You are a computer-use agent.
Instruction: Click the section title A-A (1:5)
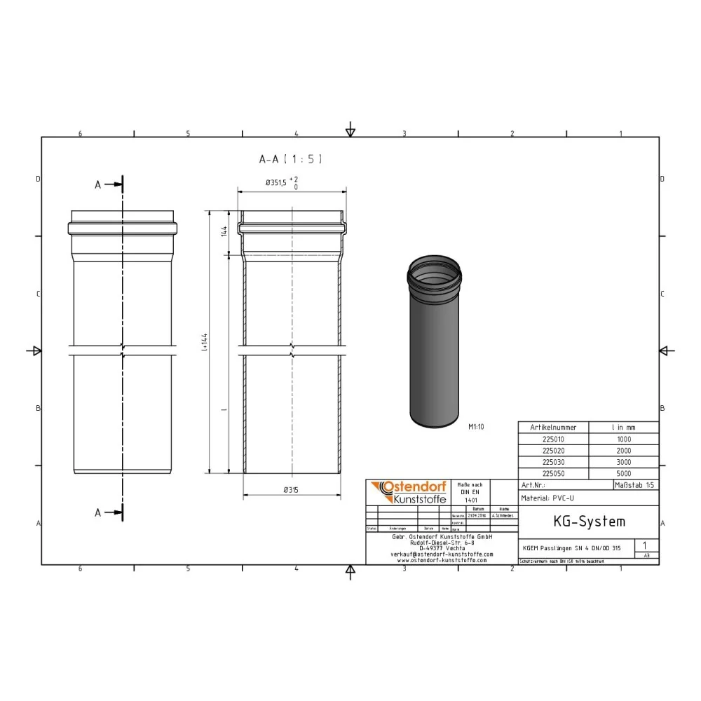[x=290, y=160]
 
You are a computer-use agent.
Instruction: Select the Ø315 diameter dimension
[x=292, y=490]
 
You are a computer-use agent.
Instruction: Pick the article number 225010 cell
[x=553, y=439]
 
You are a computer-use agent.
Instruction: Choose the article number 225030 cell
[x=553, y=462]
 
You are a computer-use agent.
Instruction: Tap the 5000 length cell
[x=623, y=474]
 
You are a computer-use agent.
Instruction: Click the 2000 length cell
[x=623, y=451]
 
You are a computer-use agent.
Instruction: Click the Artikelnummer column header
[x=553, y=427]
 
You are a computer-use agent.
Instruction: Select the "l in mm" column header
[x=623, y=427]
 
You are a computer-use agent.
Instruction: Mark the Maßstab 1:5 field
[x=635, y=485]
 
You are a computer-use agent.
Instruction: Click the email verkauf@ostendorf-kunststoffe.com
[x=442, y=553]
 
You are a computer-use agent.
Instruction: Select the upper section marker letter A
[x=98, y=184]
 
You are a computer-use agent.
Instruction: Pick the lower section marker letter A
[x=98, y=512]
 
